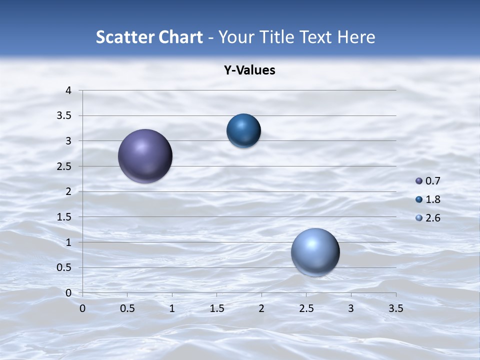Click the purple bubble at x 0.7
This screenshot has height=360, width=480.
click(x=145, y=156)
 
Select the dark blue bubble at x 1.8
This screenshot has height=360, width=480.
click(x=243, y=130)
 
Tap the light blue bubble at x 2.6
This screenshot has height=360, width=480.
click(x=315, y=252)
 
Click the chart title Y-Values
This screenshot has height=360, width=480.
click(x=249, y=70)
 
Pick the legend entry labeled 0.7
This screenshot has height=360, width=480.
click(x=428, y=181)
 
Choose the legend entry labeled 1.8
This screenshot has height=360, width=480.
click(x=428, y=199)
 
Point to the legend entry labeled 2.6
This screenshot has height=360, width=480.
click(x=428, y=218)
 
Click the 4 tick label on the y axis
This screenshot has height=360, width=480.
click(x=68, y=90)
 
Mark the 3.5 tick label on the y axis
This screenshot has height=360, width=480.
click(x=65, y=116)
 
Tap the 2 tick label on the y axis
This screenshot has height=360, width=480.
click(x=68, y=191)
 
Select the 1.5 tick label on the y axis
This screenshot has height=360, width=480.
click(x=65, y=217)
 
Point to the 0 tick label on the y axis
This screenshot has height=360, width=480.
click(x=68, y=293)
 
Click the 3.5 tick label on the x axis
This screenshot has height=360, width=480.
click(x=396, y=308)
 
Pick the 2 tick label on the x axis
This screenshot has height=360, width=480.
click(x=261, y=308)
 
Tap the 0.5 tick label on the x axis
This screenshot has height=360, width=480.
click(x=127, y=308)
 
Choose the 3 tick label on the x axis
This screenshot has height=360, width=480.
click(x=351, y=308)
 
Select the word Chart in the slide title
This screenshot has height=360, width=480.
click(x=180, y=37)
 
